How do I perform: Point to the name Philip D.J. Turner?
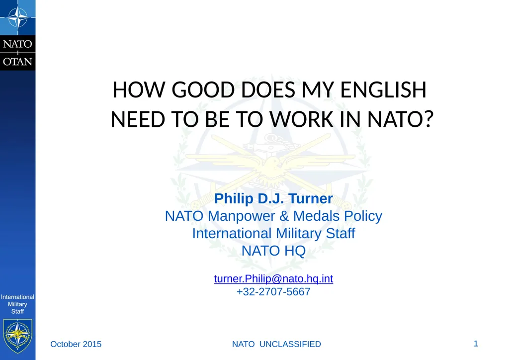point(273,199)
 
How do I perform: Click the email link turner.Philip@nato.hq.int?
point(273,279)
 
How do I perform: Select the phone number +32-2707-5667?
point(273,292)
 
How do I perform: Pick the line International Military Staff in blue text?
point(273,233)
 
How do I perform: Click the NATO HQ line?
point(273,251)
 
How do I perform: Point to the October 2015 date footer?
point(76,344)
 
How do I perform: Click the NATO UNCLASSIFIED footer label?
point(277,344)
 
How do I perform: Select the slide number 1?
point(476,343)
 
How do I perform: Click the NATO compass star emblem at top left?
point(17,18)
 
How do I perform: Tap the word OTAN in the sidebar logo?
point(18,62)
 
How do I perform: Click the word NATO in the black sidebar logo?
point(18,44)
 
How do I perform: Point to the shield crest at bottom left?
point(18,336)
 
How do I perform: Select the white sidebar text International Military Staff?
point(18,304)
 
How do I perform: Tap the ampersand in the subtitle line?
point(284,216)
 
